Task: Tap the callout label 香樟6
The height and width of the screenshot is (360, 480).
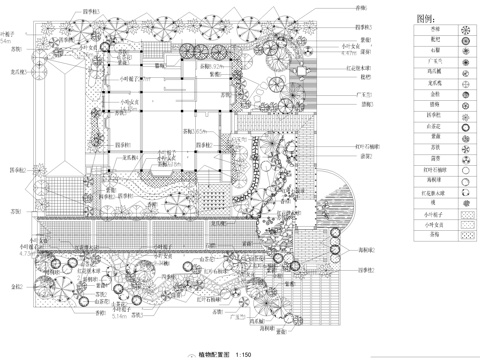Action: pyautogui.click(x=362, y=8)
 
